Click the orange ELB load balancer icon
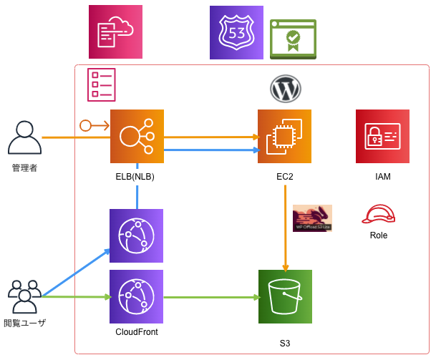(137, 136)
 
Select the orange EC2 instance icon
(284, 136)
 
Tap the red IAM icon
(382, 136)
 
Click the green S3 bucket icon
(285, 296)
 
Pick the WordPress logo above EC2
(285, 89)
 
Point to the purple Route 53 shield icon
(236, 32)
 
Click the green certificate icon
(293, 39)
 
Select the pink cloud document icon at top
(115, 31)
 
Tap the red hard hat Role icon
(378, 214)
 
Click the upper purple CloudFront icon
(136, 235)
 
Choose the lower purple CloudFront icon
(136, 296)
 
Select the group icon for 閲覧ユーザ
(24, 297)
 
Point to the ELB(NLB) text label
(135, 177)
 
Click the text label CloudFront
(136, 332)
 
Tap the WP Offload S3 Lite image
(312, 218)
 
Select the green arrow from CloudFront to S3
(211, 296)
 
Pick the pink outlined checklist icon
(101, 84)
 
